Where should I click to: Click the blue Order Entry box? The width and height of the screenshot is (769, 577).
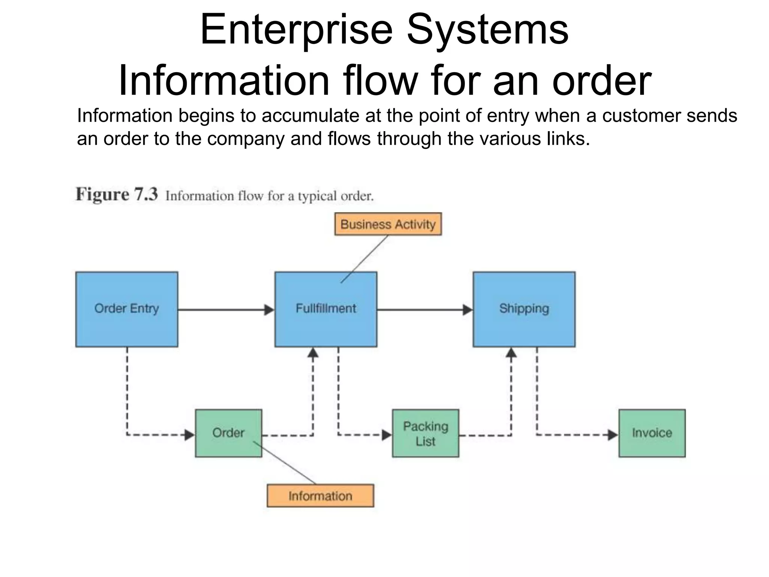click(127, 309)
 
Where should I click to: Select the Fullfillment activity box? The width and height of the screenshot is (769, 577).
click(326, 309)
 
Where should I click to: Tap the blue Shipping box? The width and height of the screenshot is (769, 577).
click(524, 309)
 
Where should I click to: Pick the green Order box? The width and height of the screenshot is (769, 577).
click(228, 433)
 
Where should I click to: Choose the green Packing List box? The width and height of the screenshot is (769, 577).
click(425, 433)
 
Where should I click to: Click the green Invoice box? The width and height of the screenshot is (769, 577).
click(652, 433)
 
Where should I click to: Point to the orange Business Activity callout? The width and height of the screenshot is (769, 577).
click(388, 224)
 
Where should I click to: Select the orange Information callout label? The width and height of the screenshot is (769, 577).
click(320, 496)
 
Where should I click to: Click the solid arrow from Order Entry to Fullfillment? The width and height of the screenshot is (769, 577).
click(225, 310)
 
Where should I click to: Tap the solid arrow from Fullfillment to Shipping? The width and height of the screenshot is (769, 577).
click(424, 310)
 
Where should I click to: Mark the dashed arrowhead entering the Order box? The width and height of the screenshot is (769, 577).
click(190, 435)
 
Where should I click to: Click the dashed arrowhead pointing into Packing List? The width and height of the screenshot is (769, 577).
click(387, 435)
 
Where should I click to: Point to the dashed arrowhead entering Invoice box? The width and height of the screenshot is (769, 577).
click(613, 435)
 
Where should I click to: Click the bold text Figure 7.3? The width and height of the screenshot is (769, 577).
click(117, 195)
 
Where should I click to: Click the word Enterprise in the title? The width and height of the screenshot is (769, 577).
click(297, 29)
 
